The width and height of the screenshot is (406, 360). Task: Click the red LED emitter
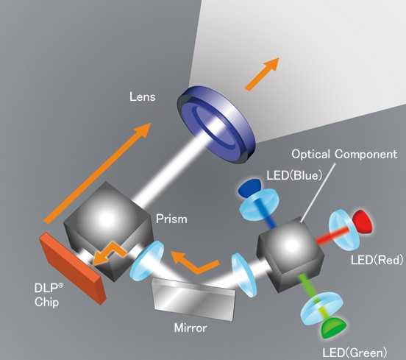(x=363, y=222)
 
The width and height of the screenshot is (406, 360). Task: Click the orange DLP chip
(x=73, y=268)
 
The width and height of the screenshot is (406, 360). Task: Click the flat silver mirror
(x=194, y=299)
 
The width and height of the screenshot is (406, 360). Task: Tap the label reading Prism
(x=171, y=219)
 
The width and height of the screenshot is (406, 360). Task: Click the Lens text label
(x=143, y=96)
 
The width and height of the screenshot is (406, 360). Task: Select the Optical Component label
(x=344, y=154)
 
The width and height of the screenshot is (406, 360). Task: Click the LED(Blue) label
(x=294, y=175)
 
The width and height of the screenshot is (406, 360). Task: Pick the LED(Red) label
(x=377, y=259)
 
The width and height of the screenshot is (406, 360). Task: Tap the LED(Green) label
(x=355, y=353)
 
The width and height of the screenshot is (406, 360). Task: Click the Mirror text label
(x=190, y=328)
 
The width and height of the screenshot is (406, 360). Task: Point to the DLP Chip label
(x=49, y=295)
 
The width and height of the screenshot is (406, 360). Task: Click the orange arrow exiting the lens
(x=262, y=74)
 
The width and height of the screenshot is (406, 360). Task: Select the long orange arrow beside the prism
(x=97, y=173)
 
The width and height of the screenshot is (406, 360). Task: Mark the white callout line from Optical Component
(x=318, y=193)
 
